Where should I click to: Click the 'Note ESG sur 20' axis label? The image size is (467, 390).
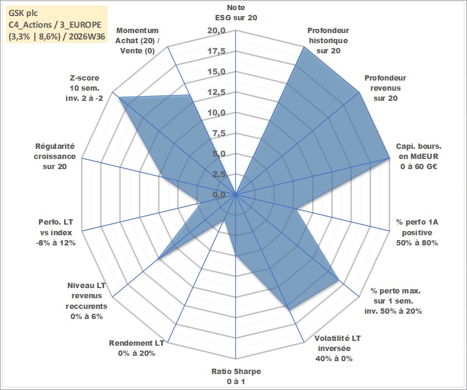point(236,12)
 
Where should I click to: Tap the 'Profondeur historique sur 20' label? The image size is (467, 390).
point(328,41)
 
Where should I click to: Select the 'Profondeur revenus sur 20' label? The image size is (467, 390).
point(385,88)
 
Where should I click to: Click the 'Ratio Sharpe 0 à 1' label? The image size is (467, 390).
point(236,376)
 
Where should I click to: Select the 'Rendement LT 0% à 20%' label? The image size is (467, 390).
point(137,348)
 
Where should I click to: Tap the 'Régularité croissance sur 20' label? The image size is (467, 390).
point(55,156)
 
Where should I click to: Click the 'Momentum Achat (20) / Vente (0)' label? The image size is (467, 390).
point(137,41)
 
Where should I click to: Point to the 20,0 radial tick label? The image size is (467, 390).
point(217,30)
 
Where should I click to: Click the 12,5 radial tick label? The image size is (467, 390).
point(217,92)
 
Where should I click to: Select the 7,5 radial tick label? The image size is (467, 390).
point(219,133)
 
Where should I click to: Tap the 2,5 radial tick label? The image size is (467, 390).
point(219,174)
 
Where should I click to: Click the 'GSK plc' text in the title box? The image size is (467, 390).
point(23,13)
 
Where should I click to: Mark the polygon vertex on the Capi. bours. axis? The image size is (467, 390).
point(389,158)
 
